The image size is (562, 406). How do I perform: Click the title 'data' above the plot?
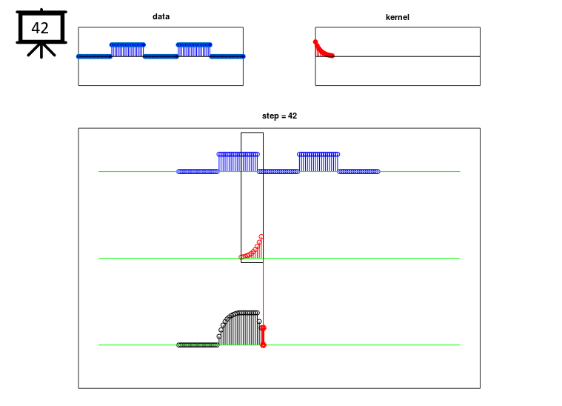pos(161,16)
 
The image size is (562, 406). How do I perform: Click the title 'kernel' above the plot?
pos(397,17)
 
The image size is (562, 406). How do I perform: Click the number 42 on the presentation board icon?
pos(40,28)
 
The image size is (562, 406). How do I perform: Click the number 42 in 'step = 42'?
pos(292,116)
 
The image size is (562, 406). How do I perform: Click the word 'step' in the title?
pos(270,116)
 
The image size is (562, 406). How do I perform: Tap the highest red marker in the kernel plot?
pos(315,42)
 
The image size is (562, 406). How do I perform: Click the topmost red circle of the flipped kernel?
pos(261,237)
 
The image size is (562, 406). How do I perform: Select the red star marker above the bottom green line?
pos(263,327)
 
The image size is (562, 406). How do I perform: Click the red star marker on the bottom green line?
pos(263,345)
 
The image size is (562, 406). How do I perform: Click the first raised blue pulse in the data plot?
pos(127,50)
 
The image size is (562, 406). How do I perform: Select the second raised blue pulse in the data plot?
pos(194,50)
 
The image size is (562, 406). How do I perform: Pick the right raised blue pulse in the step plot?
pos(318,162)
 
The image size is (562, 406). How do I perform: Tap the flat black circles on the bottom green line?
pos(198,345)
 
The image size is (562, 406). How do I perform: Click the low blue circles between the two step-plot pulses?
pos(278,172)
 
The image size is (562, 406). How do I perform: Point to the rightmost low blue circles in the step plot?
pos(358,172)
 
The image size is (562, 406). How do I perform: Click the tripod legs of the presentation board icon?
pos(41,50)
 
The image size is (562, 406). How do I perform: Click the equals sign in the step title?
pos(283,116)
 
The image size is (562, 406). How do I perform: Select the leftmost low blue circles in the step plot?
pos(198,172)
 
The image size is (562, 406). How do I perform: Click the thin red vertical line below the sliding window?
pos(264,293)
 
